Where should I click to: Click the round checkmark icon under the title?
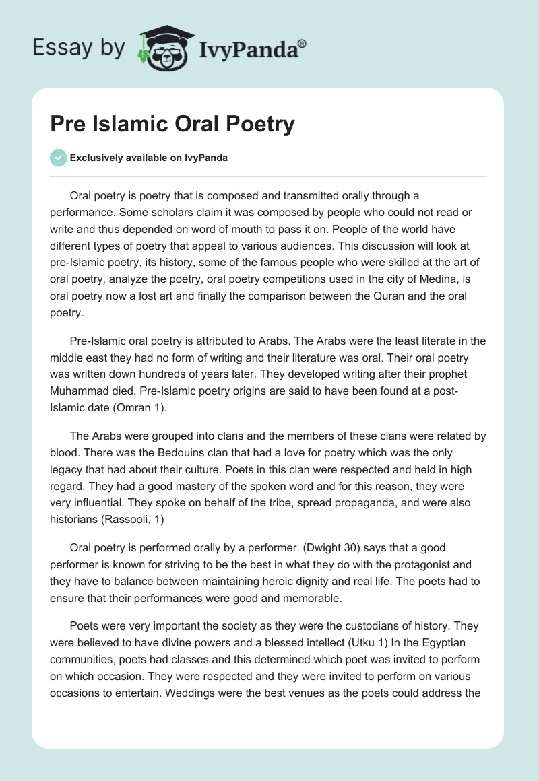point(58,158)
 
